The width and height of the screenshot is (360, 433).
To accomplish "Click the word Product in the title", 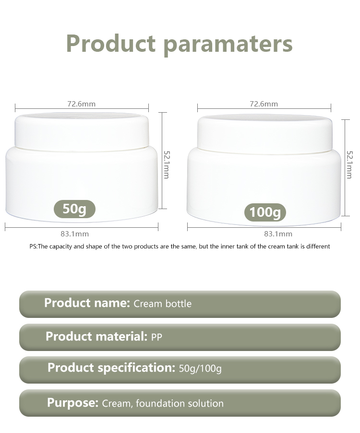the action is [x=111, y=43].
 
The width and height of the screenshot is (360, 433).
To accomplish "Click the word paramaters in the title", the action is [x=228, y=45].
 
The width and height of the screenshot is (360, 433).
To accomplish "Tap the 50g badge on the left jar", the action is [x=74, y=209].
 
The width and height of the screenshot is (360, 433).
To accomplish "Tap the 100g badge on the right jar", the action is [x=265, y=212].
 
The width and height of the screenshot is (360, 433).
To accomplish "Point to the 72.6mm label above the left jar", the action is [x=81, y=104].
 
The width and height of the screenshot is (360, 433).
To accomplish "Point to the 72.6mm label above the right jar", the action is [x=264, y=104].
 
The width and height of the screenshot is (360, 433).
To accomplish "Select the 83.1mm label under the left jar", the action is [x=75, y=234].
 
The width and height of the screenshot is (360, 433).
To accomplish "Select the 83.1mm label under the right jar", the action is [x=278, y=234].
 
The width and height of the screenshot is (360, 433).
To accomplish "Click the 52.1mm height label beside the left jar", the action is [x=167, y=164].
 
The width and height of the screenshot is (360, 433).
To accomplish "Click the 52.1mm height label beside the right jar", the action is [x=349, y=164].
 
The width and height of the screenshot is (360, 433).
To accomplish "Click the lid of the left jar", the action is [x=82, y=132].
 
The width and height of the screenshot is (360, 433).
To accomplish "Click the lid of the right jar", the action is [x=265, y=134].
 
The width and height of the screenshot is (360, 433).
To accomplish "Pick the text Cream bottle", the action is [x=162, y=304].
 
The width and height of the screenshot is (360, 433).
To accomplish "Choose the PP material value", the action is [x=156, y=337].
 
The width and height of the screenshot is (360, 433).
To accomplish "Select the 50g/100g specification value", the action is [x=200, y=369].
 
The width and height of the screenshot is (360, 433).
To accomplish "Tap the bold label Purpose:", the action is [x=72, y=403].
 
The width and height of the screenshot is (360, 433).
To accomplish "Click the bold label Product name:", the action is [x=87, y=303].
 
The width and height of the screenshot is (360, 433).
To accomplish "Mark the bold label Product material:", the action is [x=96, y=336].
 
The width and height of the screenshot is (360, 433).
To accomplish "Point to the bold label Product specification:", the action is [x=111, y=368].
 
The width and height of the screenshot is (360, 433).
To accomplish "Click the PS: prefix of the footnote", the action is [x=34, y=246].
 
